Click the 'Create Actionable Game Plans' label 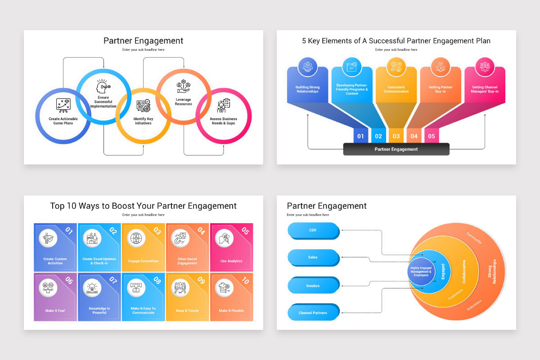point(63,121)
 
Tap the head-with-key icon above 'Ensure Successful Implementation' point(103,86)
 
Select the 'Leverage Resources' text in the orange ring point(183,102)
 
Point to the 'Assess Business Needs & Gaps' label point(224,121)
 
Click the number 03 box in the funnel point(396,136)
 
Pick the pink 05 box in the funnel point(432,136)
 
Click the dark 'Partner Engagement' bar point(396,149)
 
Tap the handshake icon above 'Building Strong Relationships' point(308,67)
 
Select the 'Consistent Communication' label point(396,89)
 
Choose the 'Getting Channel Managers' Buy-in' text point(485,89)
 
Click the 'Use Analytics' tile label point(231,261)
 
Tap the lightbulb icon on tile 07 point(92,288)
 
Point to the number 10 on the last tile point(245,280)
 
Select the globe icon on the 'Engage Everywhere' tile point(136,238)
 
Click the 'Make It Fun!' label point(55,310)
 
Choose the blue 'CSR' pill point(313,230)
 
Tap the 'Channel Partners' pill point(313,312)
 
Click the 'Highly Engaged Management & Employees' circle point(421,271)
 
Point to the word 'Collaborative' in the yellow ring point(464,271)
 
